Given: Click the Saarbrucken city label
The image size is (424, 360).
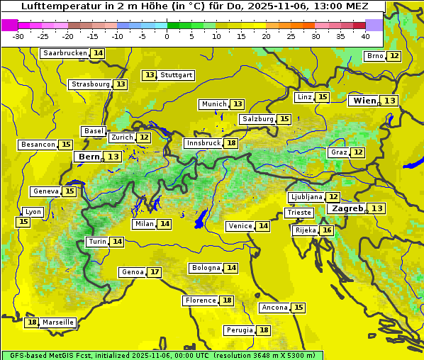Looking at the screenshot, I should tap(65, 53).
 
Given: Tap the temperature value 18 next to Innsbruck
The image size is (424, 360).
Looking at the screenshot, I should tap(231, 143).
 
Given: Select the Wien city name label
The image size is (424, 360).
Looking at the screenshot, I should tap(365, 101).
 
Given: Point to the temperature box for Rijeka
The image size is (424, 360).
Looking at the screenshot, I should tap(326, 230).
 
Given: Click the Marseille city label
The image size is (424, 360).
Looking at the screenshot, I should tap(57, 322).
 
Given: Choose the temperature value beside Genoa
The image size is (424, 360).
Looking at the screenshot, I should tap(155, 272).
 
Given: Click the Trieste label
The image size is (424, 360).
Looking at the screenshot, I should tap(298, 213).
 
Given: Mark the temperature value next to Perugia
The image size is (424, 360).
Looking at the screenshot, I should tap(264, 330).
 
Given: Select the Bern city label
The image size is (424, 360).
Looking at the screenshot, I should tap(89, 157).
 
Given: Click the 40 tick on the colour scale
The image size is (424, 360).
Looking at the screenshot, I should tap(365, 35).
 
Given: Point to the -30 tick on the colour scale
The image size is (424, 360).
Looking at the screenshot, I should tap(18, 35).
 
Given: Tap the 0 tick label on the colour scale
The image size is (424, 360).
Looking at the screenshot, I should tap(167, 35).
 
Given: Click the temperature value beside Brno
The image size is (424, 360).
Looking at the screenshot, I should tap(394, 56).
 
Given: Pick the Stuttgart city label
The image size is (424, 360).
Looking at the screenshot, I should tap(177, 75).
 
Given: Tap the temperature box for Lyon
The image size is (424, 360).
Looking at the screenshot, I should tap(23, 222).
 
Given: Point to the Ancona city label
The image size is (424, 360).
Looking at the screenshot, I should tap(274, 308).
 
